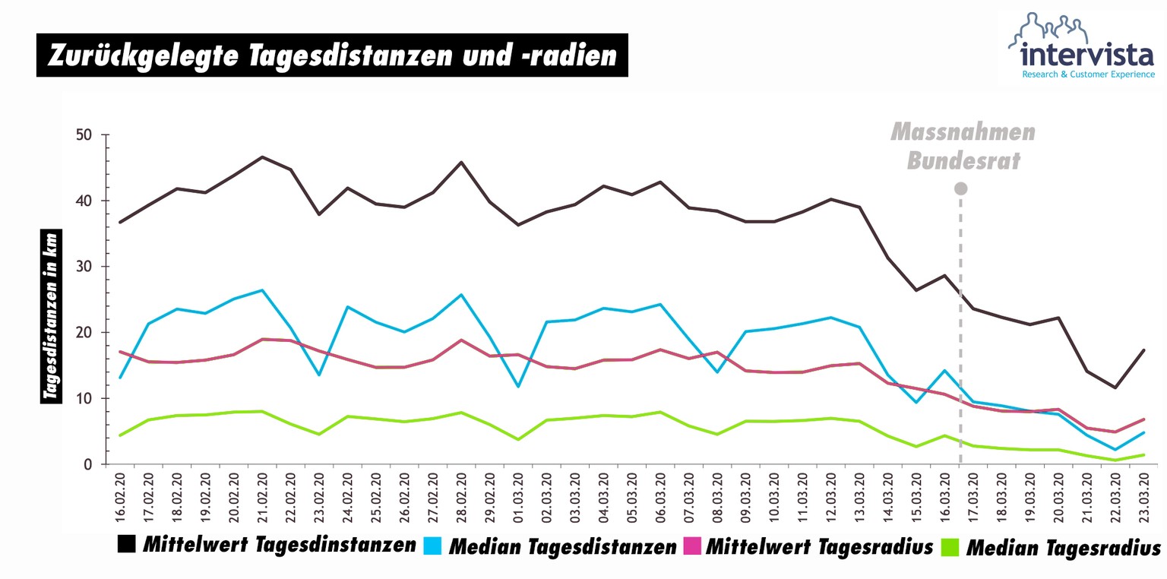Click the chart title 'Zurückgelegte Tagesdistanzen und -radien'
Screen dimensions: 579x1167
coord(332,55)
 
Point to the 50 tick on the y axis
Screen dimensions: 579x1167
coord(84,135)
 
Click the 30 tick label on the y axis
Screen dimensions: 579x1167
coord(84,267)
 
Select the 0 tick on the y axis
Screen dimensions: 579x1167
coord(90,464)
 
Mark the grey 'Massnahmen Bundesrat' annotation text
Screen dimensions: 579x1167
coord(963,146)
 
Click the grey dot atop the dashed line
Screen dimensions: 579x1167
coord(960,188)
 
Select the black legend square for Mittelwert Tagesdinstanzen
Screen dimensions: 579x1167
coord(127,544)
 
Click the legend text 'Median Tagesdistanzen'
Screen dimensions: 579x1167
coord(563,546)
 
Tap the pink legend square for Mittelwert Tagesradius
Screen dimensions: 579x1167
coord(691,545)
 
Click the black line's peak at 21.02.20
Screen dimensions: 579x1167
coord(262,157)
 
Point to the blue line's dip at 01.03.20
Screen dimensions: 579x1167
coord(518,387)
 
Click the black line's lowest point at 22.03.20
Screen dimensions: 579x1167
coord(1115,388)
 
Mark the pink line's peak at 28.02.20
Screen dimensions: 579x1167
coord(461,340)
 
